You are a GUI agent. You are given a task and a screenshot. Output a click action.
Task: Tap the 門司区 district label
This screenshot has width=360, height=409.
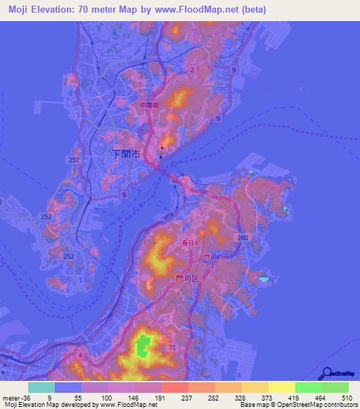point(188,278)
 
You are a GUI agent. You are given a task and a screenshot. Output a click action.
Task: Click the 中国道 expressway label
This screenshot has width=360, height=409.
point(149,106)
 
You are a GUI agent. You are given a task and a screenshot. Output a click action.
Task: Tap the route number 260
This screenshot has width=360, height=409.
point(243,238)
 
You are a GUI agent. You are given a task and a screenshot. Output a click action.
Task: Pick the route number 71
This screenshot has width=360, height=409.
point(172,348)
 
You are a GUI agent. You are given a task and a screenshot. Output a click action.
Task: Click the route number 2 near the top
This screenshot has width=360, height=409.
point(192,69)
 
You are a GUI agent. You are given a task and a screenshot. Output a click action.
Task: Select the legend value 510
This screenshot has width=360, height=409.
point(346,397)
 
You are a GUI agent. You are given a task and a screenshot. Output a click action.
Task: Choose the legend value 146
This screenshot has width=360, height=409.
point(132,397)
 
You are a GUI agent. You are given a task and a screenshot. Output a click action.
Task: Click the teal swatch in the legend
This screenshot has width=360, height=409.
point(41,387)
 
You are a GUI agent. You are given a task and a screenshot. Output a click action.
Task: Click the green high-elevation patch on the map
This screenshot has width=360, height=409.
point(142,345)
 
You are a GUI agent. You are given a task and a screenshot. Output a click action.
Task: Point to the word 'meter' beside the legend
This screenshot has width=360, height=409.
point(11,397)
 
